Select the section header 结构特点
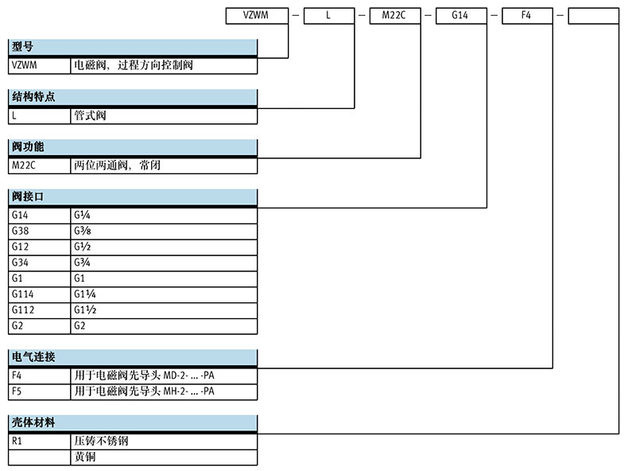pyautogui.click(x=33, y=98)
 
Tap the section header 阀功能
pyautogui.click(x=28, y=147)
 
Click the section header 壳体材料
pyautogui.click(x=33, y=422)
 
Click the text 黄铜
pyautogui.click(x=84, y=457)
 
